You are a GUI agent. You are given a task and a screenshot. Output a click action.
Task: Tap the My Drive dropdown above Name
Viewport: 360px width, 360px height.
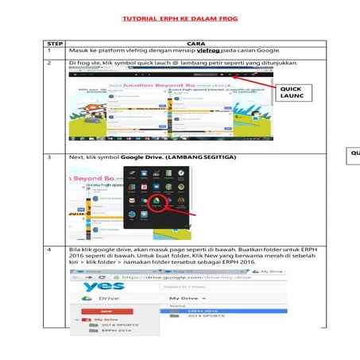pos(188,297)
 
